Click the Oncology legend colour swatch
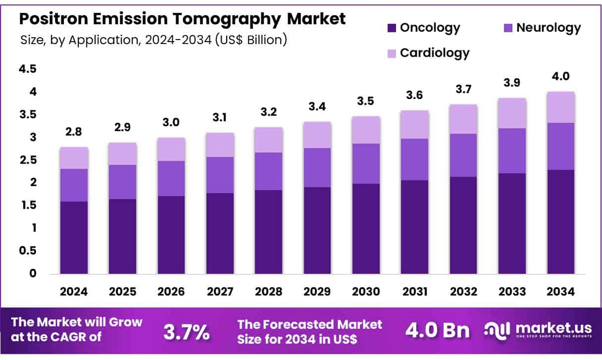[392, 28]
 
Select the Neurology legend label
[548, 28]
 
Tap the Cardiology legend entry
[434, 52]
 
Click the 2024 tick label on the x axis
[74, 292]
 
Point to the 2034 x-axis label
[561, 292]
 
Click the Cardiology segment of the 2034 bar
[561, 107]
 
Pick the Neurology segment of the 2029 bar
[317, 167]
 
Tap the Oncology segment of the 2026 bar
[171, 235]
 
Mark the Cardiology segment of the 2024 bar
[74, 158]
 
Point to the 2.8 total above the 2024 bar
[74, 132]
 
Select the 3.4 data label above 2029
[317, 107]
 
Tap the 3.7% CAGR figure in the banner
[186, 332]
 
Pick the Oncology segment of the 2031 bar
[415, 227]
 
